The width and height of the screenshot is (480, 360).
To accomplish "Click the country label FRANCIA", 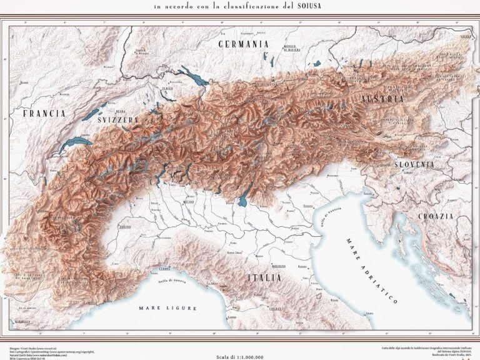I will (44, 114).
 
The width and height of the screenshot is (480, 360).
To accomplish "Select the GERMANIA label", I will (243, 44).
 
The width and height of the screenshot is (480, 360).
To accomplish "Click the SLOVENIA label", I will (414, 164).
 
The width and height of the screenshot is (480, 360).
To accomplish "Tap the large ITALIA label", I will (264, 277).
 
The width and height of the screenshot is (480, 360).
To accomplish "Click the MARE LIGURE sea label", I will (167, 308).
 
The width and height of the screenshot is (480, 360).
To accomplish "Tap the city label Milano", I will (189, 202).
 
